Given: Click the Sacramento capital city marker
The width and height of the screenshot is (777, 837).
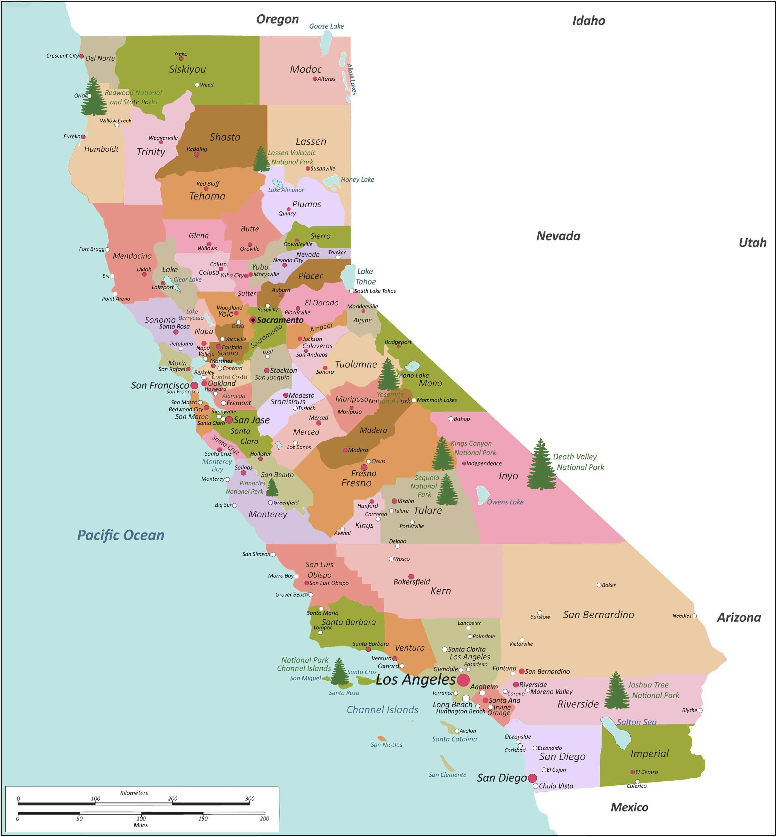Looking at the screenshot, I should click(x=253, y=320).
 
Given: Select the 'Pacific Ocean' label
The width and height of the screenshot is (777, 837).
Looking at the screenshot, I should click(x=121, y=535).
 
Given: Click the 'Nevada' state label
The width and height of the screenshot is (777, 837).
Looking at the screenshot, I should click(x=558, y=236).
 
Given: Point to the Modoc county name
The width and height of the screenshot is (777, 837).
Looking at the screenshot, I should click(x=306, y=69).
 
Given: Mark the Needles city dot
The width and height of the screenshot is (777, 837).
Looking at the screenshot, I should click(x=694, y=616).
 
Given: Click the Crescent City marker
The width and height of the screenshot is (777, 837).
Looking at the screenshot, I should click(x=81, y=56).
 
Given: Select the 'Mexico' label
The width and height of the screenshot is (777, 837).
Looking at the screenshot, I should click(x=629, y=807).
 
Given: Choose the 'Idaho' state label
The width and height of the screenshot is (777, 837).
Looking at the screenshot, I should click(x=589, y=21).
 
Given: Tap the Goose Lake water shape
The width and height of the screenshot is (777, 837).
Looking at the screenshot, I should click(x=326, y=42).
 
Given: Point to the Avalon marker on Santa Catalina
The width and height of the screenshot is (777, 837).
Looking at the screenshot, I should click(x=457, y=731).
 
